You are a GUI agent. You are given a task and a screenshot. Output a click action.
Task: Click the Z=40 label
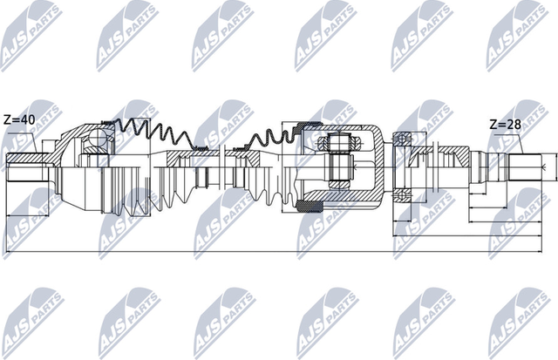(19, 119)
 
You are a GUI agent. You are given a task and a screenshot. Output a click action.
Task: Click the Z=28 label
(506, 125)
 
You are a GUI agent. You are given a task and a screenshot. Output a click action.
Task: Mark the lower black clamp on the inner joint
(306, 206)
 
